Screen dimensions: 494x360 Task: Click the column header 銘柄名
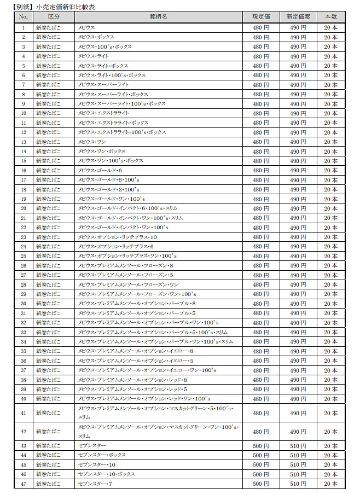tap(158, 17)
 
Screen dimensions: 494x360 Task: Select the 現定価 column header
tap(260, 17)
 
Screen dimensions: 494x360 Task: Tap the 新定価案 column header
tap(298, 17)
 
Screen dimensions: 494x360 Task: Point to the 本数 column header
tap(330, 17)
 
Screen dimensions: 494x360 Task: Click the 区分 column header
tap(54, 17)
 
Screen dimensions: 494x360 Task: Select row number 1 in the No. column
tap(24, 27)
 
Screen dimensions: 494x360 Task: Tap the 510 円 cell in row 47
tap(298, 484)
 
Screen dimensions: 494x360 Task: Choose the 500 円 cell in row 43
tap(260, 446)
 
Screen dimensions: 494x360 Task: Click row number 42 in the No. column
tap(24, 432)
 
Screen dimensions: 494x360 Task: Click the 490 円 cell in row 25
tap(298, 255)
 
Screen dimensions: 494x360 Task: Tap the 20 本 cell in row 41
tap(330, 413)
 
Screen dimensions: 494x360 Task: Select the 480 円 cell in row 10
tap(260, 113)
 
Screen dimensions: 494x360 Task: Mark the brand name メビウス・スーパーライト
tap(103, 85)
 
